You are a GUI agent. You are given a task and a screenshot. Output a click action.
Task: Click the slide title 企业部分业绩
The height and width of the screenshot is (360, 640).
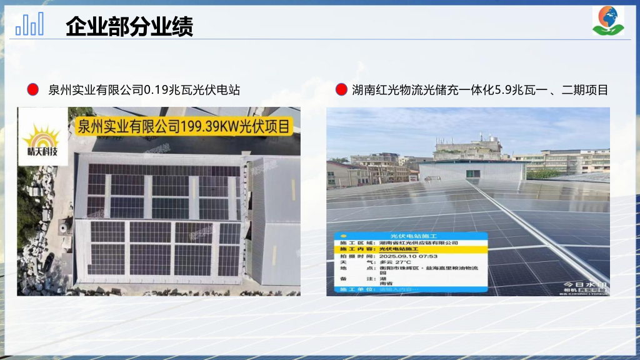[x=129, y=27]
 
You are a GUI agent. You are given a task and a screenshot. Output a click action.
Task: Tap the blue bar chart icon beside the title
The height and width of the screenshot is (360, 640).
[x=30, y=24]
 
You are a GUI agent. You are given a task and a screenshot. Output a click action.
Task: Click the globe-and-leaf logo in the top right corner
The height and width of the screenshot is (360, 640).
[x=607, y=21]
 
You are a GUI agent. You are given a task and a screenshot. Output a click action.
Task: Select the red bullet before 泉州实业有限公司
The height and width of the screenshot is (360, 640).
[x=33, y=90]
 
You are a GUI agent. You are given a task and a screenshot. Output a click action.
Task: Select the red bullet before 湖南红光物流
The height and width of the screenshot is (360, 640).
[x=341, y=90]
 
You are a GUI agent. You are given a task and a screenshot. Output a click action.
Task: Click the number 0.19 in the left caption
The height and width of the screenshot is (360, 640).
[x=157, y=90]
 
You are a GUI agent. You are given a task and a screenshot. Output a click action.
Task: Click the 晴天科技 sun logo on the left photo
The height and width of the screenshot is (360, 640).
[x=42, y=141]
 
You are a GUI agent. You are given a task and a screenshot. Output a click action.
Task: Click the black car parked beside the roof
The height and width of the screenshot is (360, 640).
[x=48, y=262]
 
